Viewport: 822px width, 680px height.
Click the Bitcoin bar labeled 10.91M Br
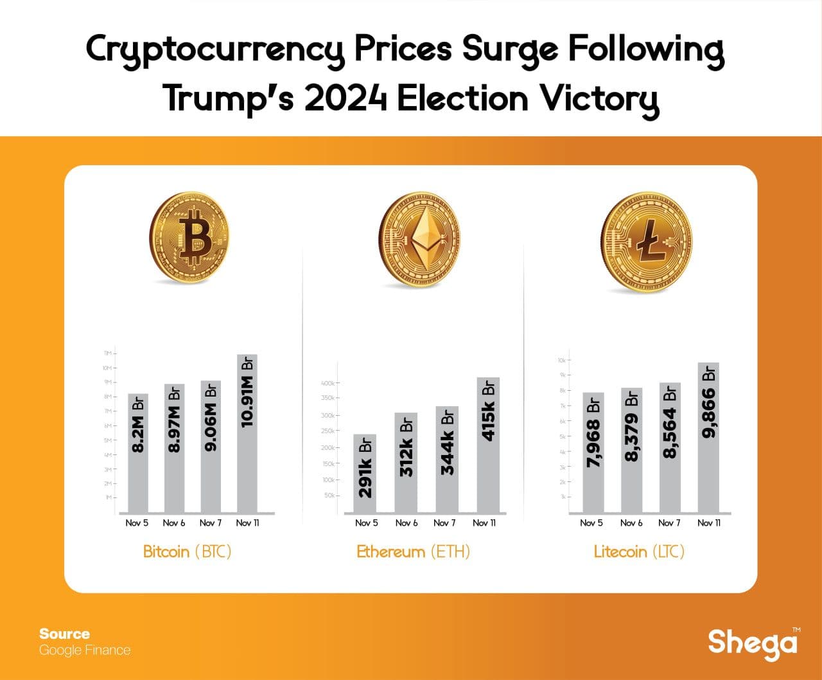247,434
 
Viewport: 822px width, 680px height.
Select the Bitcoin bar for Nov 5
138,453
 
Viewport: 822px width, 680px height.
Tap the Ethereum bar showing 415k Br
488,445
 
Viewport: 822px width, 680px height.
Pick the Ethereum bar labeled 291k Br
365,474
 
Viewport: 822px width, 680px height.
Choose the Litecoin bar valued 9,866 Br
708,438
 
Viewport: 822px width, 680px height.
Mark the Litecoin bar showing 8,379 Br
632,450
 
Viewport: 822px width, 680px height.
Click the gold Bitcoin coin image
189,239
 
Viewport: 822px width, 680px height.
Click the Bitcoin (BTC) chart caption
187,551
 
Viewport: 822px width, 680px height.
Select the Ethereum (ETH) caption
413,551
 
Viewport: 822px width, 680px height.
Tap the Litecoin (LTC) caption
639,551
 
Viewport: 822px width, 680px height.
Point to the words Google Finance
85,650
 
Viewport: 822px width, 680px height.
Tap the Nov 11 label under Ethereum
484,523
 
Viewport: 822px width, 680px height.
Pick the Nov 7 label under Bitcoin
211,523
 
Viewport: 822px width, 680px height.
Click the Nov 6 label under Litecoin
631,523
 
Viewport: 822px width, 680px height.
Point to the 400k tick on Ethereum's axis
328,384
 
